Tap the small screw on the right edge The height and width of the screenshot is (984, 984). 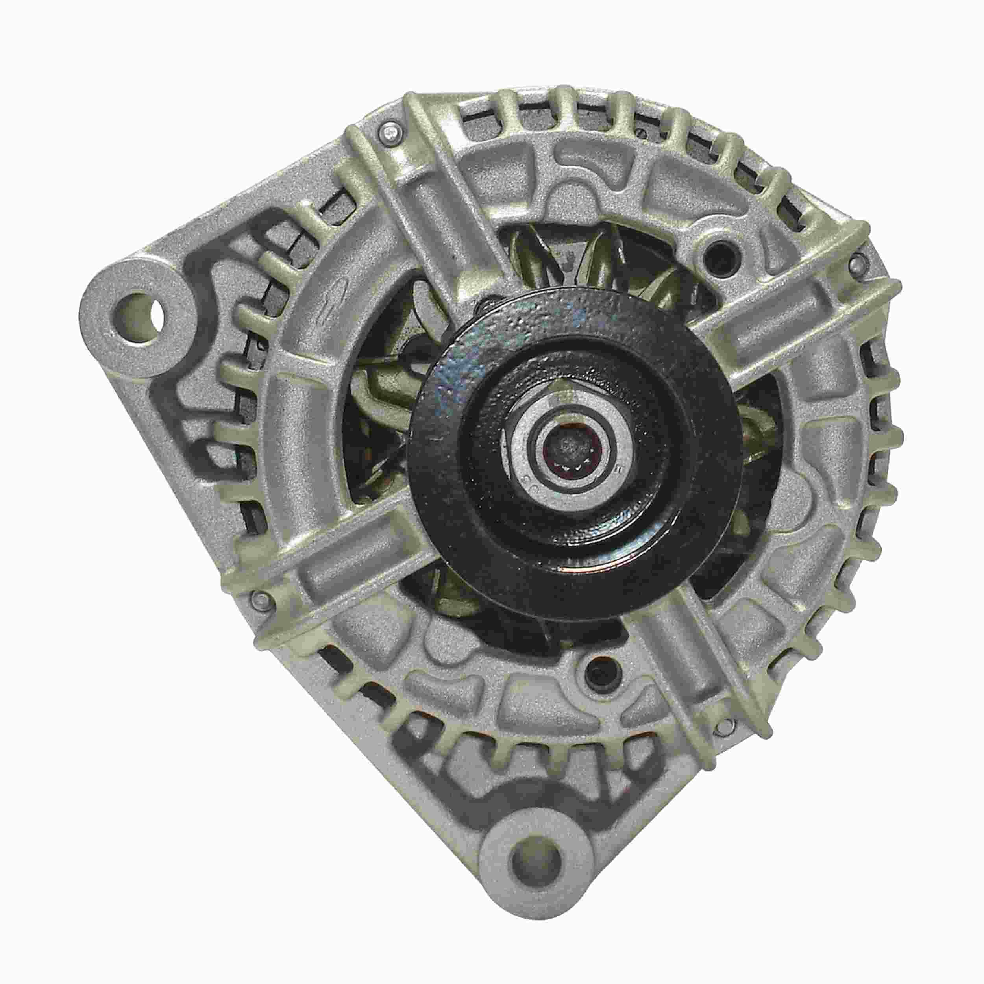coord(857,263)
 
